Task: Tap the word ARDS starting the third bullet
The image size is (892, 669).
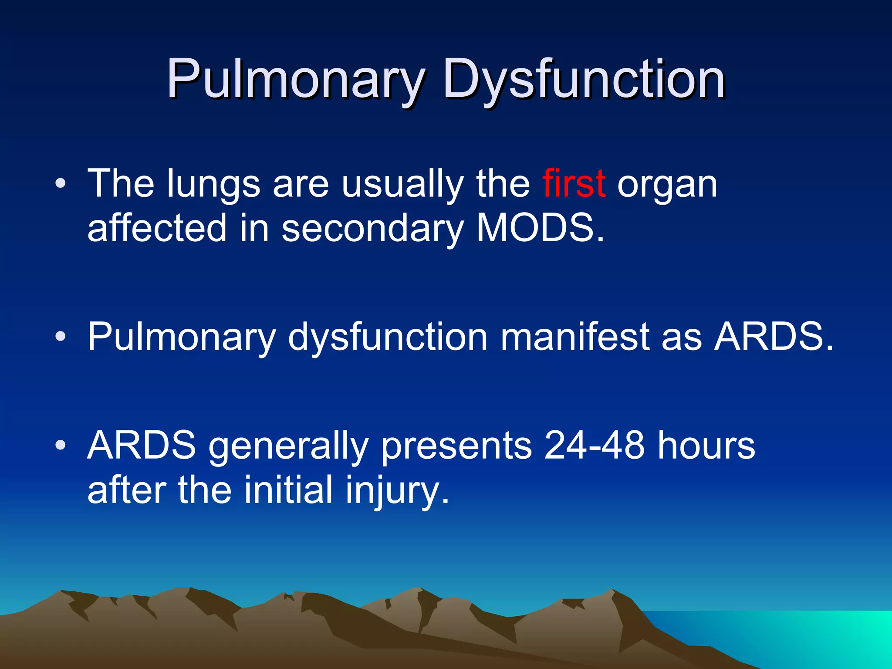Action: tap(142, 446)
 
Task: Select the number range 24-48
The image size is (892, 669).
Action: tap(594, 446)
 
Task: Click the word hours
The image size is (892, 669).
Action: tap(706, 446)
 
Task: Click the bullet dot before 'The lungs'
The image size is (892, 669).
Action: tap(61, 184)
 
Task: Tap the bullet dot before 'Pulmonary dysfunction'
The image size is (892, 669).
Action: tap(61, 337)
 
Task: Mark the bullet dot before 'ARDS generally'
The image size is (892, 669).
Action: tap(61, 446)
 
